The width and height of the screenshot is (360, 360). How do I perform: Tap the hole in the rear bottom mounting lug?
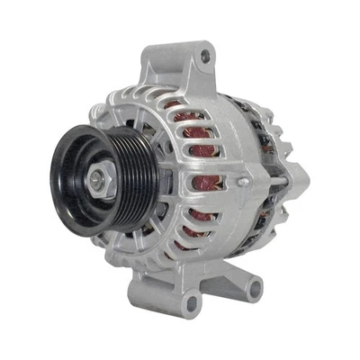coord(255,289)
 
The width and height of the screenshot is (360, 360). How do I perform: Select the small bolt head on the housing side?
coord(242,182)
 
